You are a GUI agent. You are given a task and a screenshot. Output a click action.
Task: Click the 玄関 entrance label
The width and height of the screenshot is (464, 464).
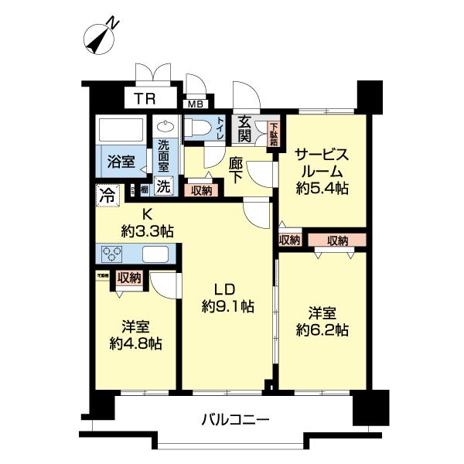pos(244,128)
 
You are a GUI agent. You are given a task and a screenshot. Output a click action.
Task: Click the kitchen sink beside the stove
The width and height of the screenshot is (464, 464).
pos(155,254)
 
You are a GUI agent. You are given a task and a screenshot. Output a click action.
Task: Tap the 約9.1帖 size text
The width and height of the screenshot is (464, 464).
pos(224,306)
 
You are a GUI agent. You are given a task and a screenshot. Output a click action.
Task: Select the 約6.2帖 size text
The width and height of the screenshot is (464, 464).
pos(323,330)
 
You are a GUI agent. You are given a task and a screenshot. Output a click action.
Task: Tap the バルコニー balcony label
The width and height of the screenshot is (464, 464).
pos(235,421)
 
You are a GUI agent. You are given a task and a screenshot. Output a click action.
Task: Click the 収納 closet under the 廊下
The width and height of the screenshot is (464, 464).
pos(201,190)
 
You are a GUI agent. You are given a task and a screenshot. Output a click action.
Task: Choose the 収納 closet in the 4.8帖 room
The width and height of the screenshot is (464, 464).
pos(128,278)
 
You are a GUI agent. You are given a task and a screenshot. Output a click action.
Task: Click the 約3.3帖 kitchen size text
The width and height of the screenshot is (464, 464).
pos(147,230)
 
